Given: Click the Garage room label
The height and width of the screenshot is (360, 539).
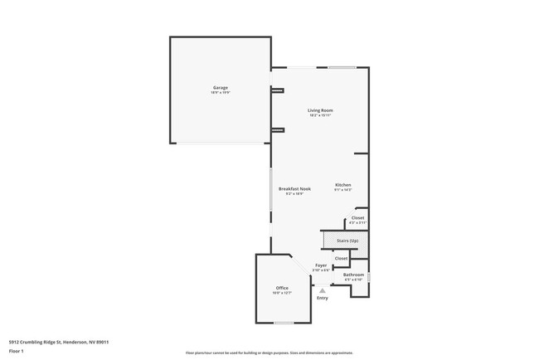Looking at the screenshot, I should (220, 87).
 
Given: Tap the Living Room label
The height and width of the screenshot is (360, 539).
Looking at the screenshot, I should (320, 109).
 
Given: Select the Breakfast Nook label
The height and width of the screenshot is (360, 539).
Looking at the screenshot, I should (294, 188).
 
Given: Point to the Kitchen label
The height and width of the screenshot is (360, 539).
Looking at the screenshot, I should (343, 184).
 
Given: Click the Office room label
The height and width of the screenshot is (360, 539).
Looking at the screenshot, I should (282, 287).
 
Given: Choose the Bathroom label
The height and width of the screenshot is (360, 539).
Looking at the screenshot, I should (353, 274).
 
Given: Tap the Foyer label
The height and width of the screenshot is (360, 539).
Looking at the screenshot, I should (320, 265).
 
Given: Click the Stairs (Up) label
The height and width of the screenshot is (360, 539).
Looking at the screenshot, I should (347, 240).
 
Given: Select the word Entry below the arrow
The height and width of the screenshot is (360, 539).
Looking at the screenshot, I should (323, 299).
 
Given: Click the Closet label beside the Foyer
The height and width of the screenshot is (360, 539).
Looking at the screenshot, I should (341, 258).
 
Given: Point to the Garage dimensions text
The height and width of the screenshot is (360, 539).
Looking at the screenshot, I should (220, 92).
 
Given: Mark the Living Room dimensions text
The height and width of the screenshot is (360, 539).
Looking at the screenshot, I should (320, 115).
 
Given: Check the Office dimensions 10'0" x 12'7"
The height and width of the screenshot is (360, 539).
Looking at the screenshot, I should (282, 293).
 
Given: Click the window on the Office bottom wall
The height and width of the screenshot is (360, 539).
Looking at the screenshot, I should (284, 323).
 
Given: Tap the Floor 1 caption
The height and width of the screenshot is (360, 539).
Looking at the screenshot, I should (17, 351).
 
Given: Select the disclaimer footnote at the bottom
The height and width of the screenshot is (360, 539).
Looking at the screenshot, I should (269, 353).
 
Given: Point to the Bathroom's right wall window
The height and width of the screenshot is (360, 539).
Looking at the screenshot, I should (369, 275).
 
